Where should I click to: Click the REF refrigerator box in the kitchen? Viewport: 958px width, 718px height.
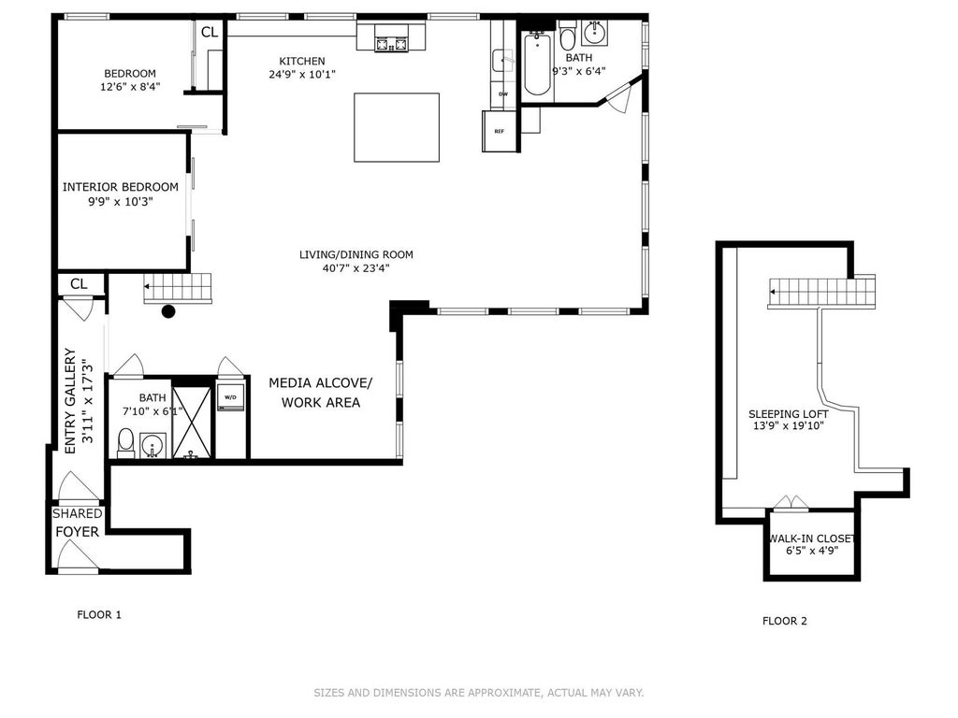pos(501,131)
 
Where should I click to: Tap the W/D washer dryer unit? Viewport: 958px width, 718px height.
pos(230,397)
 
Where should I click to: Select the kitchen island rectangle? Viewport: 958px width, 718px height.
pos(397,127)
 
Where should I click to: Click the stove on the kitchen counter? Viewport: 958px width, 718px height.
pos(391,38)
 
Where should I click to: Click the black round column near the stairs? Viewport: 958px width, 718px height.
pos(168,311)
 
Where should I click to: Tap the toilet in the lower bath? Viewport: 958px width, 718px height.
pos(126,442)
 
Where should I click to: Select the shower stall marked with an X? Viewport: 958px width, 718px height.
pos(192,422)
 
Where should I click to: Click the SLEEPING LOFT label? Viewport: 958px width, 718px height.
pos(788,414)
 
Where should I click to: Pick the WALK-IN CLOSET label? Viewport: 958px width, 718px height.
pos(812,538)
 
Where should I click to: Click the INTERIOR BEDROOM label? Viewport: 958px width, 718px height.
pos(121,187)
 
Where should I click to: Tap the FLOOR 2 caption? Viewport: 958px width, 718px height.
pos(785,621)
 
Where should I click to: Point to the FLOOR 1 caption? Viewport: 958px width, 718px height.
pos(99,615)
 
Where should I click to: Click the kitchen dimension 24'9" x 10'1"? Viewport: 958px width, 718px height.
pos(302,75)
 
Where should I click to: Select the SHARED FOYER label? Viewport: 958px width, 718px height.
pos(77,523)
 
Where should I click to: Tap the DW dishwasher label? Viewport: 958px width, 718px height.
pos(503,94)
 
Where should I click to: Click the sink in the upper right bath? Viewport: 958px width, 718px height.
pos(594,33)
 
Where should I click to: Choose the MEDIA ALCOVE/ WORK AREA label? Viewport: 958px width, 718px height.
pos(321,393)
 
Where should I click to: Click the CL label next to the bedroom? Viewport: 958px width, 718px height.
pos(210,32)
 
